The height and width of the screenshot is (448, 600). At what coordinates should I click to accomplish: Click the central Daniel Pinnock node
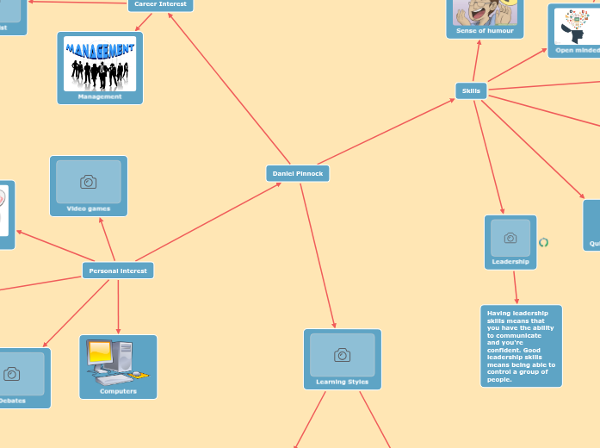298,173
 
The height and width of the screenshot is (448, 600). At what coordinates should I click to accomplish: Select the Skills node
471,90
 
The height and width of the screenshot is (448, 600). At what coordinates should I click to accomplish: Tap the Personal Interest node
118,271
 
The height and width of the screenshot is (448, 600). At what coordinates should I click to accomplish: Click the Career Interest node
160,4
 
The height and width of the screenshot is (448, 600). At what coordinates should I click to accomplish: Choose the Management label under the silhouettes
100,96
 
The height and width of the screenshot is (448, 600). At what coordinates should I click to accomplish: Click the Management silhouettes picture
100,64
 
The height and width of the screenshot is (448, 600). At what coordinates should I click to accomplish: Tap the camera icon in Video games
88,182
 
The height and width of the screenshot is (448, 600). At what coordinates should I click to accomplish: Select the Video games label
88,208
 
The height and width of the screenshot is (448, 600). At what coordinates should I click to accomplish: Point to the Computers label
118,391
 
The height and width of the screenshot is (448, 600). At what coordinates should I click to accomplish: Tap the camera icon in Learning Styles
342,355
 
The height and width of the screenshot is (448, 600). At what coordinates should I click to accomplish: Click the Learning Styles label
342,382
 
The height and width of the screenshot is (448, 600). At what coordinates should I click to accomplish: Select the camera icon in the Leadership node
510,238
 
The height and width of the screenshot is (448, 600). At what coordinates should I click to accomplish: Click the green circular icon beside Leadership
543,242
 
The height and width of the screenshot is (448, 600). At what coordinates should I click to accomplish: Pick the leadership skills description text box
521,345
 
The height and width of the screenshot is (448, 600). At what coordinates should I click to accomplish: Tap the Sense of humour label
485,31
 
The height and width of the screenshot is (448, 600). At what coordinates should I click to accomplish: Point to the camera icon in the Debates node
12,374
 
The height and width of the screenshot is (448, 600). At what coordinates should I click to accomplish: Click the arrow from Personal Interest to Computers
118,307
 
